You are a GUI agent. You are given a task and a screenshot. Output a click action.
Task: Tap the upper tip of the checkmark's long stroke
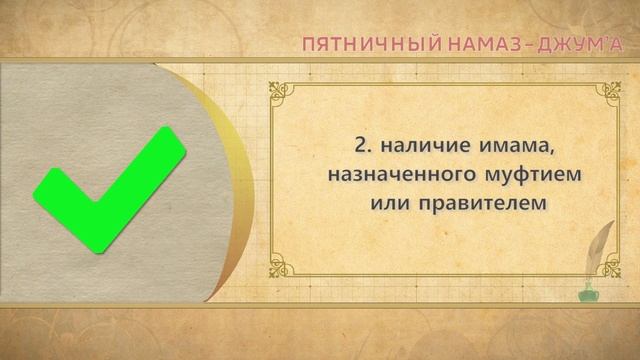[x=171, y=139]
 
